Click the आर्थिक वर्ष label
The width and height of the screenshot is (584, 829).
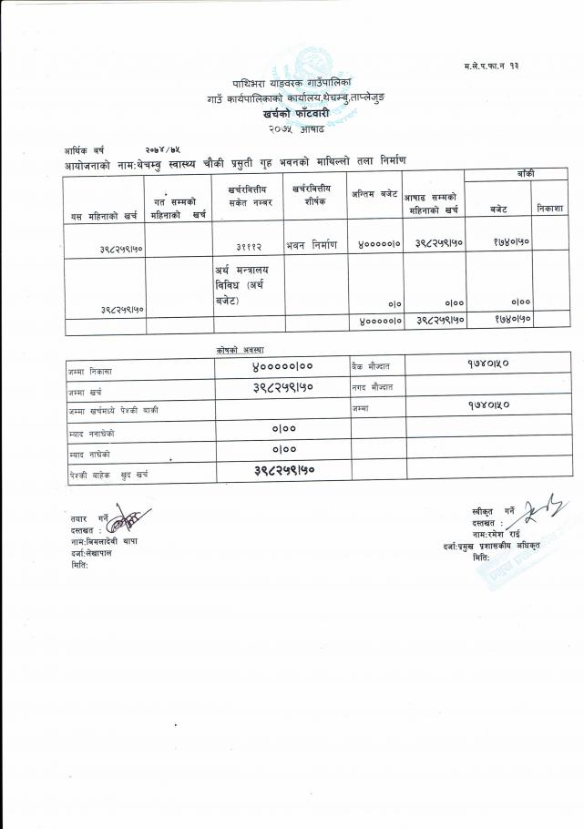tap(85, 148)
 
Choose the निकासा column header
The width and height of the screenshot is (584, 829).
tap(550, 209)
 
